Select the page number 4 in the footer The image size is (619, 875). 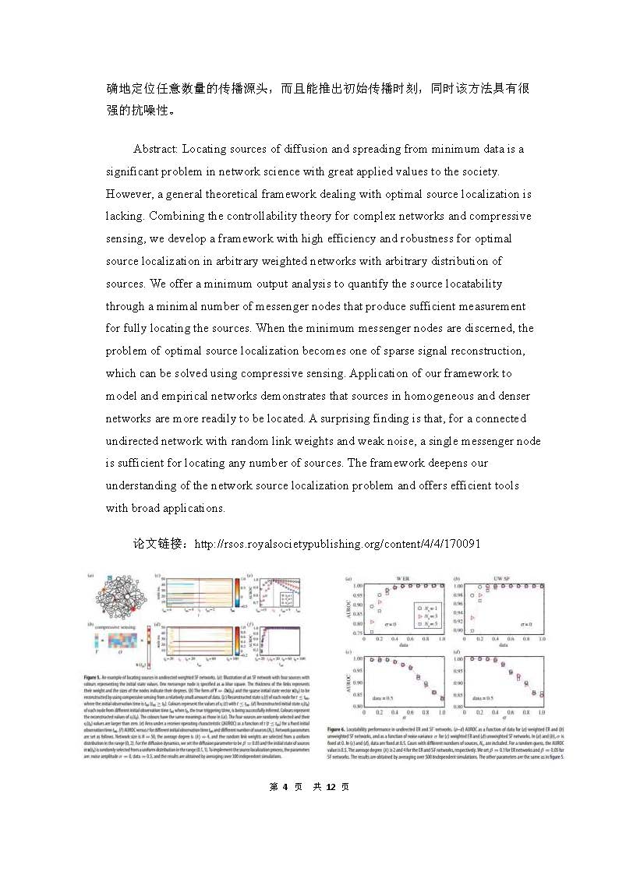click(285, 787)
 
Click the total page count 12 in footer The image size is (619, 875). click(331, 787)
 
